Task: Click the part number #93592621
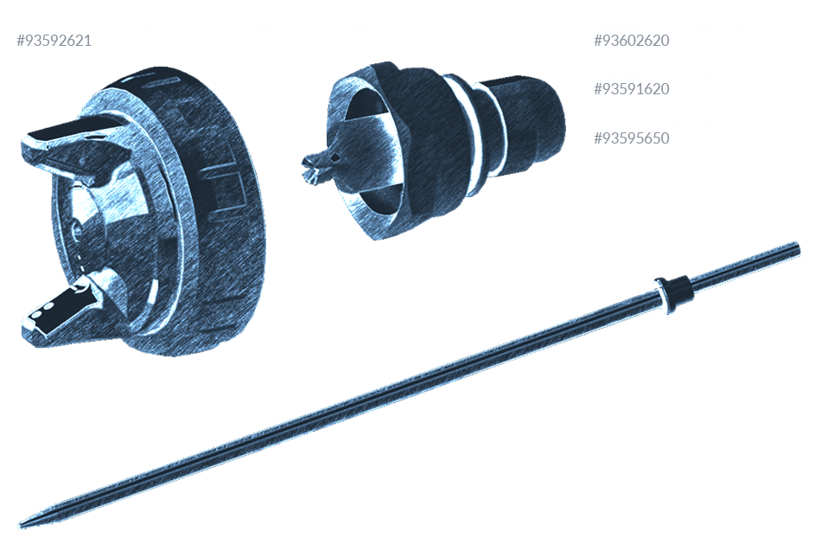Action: tap(54, 41)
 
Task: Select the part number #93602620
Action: tap(632, 41)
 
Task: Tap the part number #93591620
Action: tap(632, 88)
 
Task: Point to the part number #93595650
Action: tap(632, 138)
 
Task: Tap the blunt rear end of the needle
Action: tap(798, 248)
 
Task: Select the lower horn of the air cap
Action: tap(63, 310)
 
